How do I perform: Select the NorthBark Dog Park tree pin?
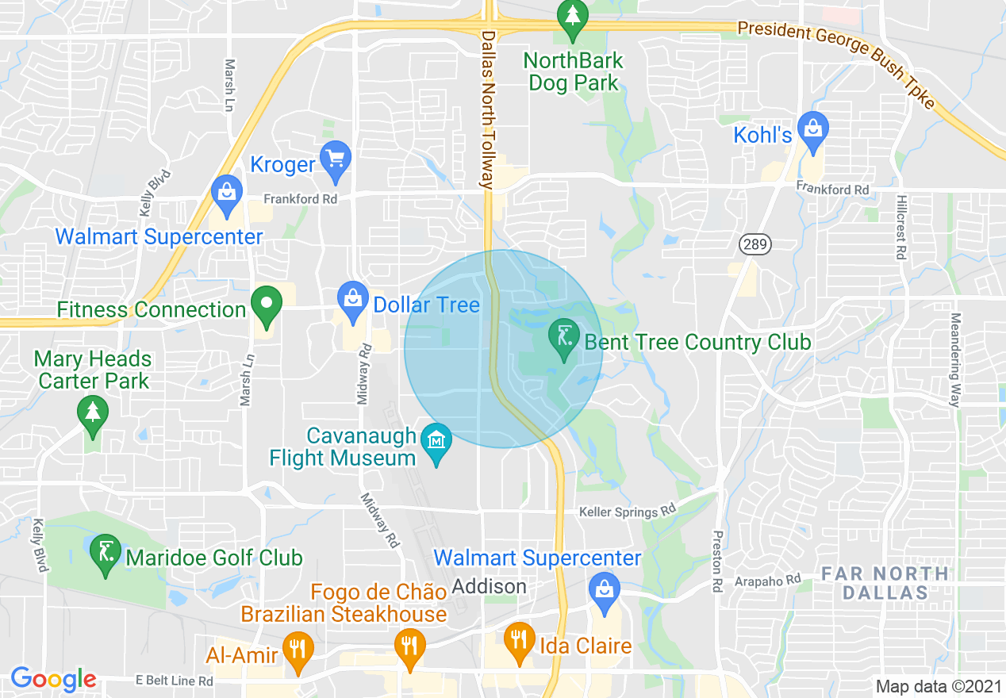571,16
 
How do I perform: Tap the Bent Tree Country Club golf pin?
563,337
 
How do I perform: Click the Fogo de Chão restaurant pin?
409,645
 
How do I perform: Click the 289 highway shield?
754,244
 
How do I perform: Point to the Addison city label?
489,587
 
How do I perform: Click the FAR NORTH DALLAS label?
885,582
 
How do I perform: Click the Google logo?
53,679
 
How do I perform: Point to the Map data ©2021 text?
938,686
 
